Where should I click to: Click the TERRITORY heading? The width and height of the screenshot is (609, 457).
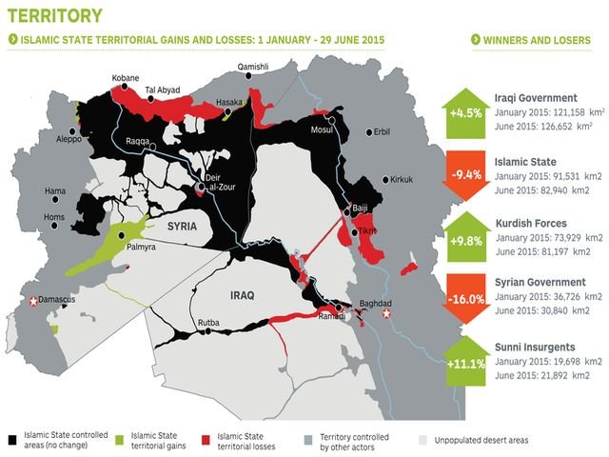pyautogui.click(x=55, y=15)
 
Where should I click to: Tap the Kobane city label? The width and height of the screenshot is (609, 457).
pyautogui.click(x=125, y=77)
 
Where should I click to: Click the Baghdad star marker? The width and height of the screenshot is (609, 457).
pyautogui.click(x=385, y=311)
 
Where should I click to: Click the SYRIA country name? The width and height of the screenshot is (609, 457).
pyautogui.click(x=186, y=227)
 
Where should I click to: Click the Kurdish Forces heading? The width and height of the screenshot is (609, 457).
pyautogui.click(x=535, y=223)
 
